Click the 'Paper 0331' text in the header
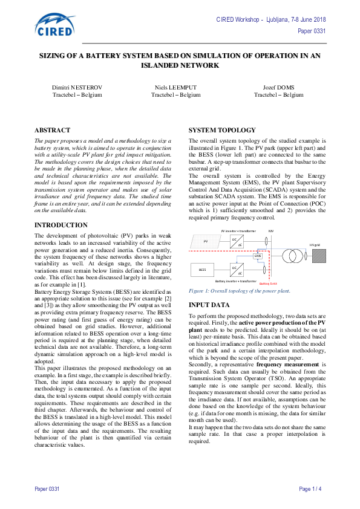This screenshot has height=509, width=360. (312, 30)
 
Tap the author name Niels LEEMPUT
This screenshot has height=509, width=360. (175, 87)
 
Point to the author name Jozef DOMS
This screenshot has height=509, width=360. (278, 87)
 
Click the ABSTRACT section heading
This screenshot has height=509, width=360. (52, 130)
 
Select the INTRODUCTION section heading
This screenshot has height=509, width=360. (61, 225)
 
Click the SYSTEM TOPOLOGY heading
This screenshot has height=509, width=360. (218, 130)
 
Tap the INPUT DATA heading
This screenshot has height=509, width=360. (209, 305)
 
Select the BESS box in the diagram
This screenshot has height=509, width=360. (202, 267)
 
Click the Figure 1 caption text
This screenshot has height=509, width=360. (240, 291)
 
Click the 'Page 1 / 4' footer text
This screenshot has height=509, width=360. (310, 488)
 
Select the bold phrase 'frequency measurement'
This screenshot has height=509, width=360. (283, 365)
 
